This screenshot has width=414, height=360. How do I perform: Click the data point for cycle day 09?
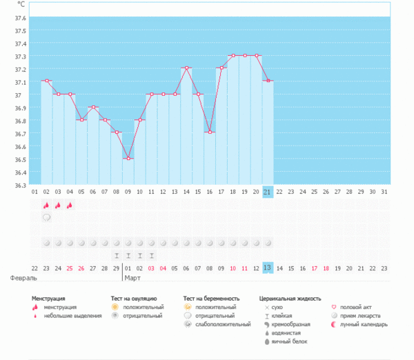[x=128, y=159]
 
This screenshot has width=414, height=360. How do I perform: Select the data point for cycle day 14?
[x=186, y=68]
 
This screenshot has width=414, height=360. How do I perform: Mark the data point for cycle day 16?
[x=209, y=132]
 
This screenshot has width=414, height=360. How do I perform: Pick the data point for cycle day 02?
[x=46, y=81]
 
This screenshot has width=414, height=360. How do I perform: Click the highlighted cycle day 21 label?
[x=268, y=191]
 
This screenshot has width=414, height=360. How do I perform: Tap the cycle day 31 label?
[x=384, y=191]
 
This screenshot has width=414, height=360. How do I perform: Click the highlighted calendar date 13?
[x=268, y=267]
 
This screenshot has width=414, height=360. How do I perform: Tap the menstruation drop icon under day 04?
[x=70, y=205]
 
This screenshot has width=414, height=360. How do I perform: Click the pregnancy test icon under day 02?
[x=46, y=217]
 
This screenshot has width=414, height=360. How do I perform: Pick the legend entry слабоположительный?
[x=223, y=324]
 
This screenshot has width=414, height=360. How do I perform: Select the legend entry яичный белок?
[x=290, y=341]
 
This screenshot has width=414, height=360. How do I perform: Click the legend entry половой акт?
[x=355, y=307]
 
